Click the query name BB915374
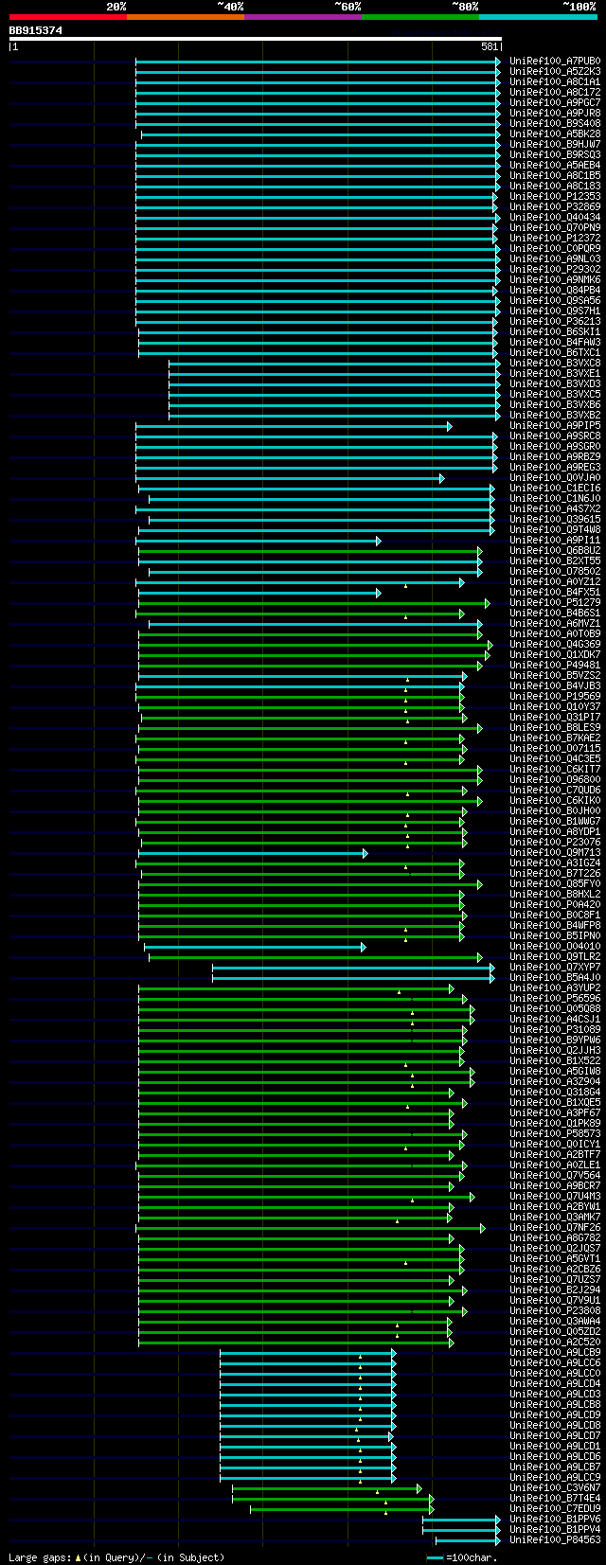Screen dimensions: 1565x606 coord(36,30)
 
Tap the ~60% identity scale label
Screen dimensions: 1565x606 coord(348,6)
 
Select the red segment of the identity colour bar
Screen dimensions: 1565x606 coord(67,17)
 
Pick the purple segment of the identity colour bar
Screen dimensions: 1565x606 coord(302,17)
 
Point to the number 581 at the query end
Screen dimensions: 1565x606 coord(490,46)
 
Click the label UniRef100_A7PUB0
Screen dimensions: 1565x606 coord(555,62)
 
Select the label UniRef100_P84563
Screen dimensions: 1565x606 coord(555,1540)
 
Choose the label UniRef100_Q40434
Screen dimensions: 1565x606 coord(555,218)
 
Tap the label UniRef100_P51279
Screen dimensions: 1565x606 coord(555,603)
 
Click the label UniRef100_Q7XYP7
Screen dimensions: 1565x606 coord(555,968)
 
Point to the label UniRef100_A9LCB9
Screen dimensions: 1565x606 coord(555,1353)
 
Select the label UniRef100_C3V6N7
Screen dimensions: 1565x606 coord(555,1488)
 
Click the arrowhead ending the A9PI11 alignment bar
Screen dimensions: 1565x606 coord(378,541)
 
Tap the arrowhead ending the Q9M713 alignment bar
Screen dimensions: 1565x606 coord(365,853)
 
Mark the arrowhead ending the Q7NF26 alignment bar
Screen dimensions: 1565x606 coord(482,1228)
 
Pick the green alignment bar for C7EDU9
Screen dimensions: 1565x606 coord(340,1509)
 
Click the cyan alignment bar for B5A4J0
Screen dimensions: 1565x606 coord(350,978)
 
